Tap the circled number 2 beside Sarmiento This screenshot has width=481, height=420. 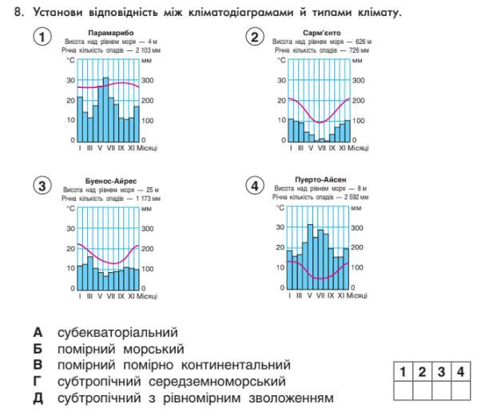pyautogui.click(x=255, y=38)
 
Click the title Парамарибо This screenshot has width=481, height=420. pyautogui.click(x=109, y=33)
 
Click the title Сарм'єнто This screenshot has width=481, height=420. pyautogui.click(x=322, y=33)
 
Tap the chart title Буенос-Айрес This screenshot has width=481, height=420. pyautogui.click(x=109, y=182)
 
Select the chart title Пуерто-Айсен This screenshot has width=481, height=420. pyautogui.click(x=322, y=181)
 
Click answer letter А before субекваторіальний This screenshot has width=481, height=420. pyautogui.click(x=37, y=331)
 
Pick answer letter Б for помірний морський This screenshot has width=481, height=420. pyautogui.click(x=37, y=348)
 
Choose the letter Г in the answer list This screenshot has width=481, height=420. pyautogui.click(x=37, y=382)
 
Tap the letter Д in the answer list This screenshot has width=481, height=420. pyautogui.click(x=37, y=398)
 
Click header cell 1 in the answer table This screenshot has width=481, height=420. pyautogui.click(x=404, y=371)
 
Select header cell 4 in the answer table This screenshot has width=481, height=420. pyautogui.click(x=459, y=371)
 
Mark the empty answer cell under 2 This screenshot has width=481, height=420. pyautogui.click(x=423, y=390)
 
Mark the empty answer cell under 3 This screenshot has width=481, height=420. pyautogui.click(x=441, y=390)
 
